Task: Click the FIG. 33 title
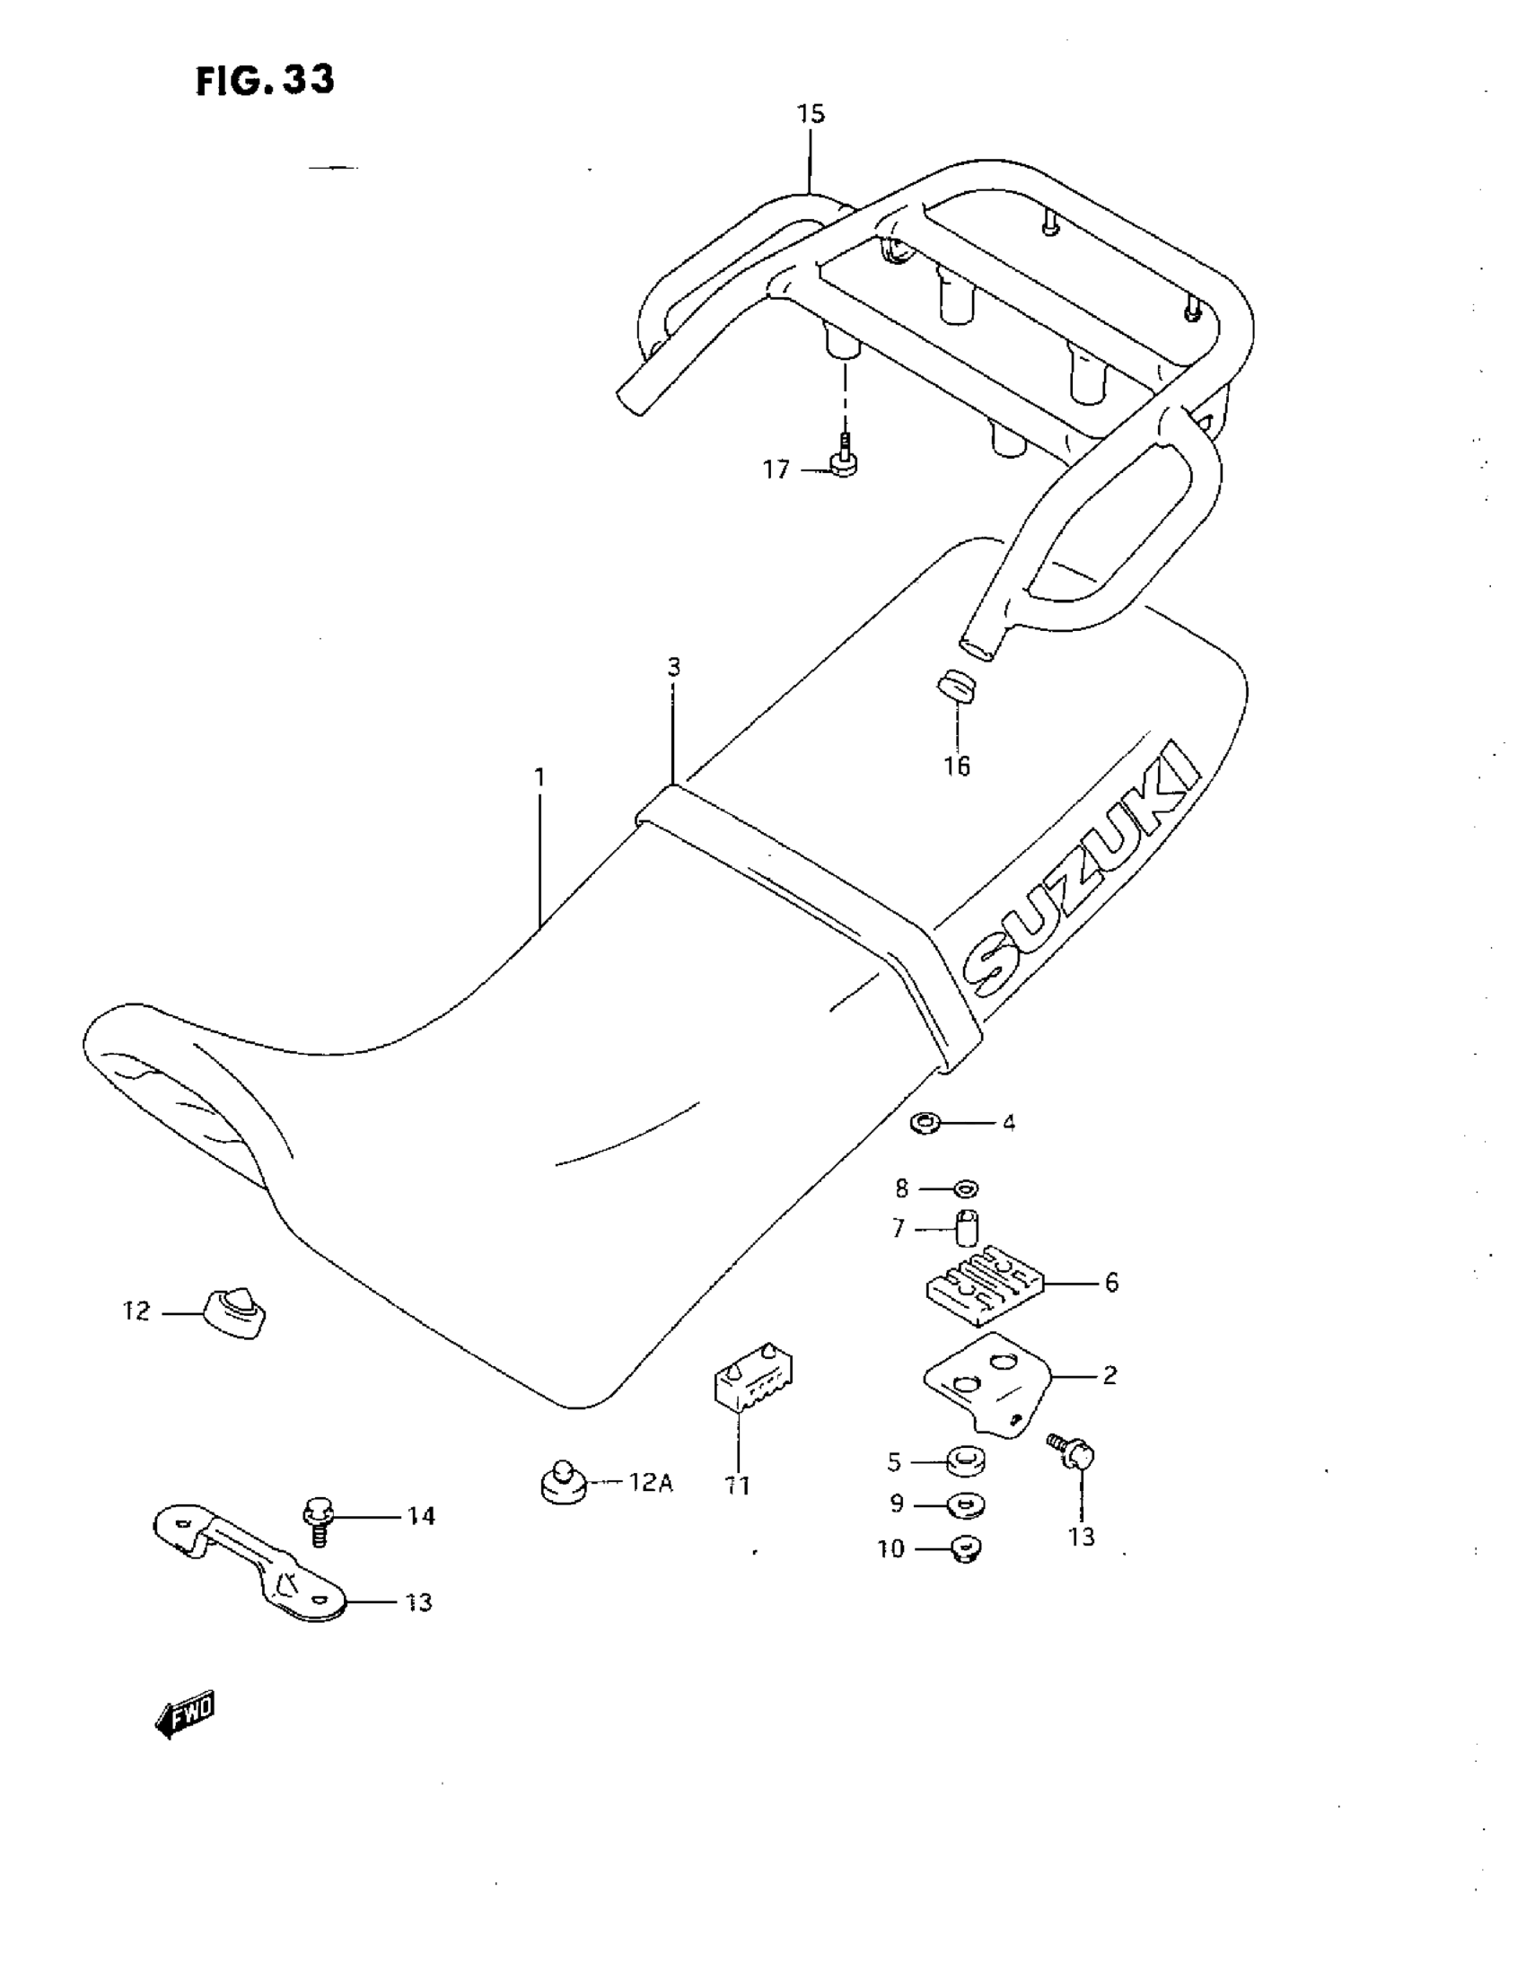point(265,81)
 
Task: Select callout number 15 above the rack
point(811,114)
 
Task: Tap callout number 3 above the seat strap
point(673,668)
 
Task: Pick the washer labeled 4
point(925,1124)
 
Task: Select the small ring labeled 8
point(965,1188)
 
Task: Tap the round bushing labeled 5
point(966,1461)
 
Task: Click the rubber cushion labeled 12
point(237,1312)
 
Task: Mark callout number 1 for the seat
point(539,778)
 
